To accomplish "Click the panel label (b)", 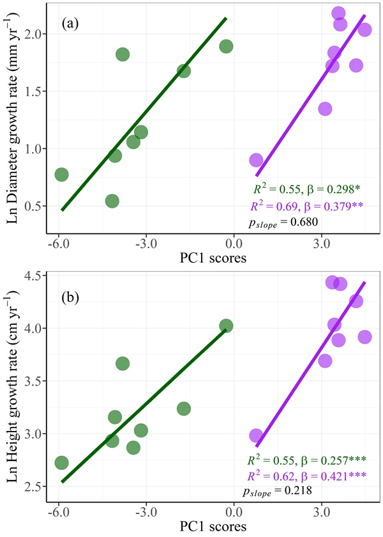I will [x=71, y=299].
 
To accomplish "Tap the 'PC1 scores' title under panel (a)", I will [x=214, y=258].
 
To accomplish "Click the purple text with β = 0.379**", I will [x=306, y=205].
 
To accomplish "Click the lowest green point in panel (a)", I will [x=112, y=201].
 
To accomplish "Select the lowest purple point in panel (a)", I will [x=256, y=160].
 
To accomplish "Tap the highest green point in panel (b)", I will [x=225, y=326].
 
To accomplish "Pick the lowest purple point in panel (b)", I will [x=256, y=435].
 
